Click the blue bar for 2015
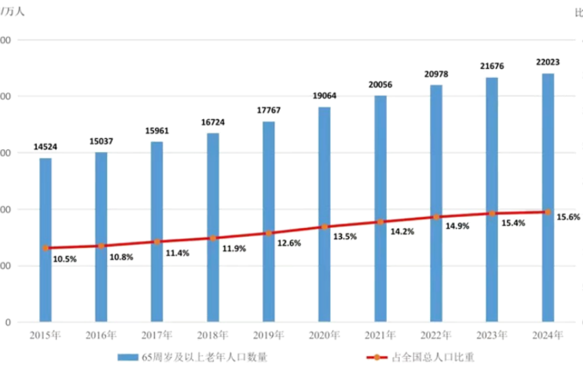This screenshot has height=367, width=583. pyautogui.click(x=45, y=239)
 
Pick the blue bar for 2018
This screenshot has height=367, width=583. pyautogui.click(x=213, y=227)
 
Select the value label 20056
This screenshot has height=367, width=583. pyautogui.click(x=380, y=85)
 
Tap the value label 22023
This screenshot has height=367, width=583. pyautogui.click(x=547, y=62)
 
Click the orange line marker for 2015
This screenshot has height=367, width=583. pyautogui.click(x=45, y=248)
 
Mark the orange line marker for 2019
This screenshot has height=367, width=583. pyautogui.click(x=269, y=233)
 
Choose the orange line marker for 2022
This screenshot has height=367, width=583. pyautogui.click(x=436, y=217)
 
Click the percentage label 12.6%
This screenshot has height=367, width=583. pyautogui.click(x=289, y=243)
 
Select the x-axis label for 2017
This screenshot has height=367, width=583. pyautogui.click(x=157, y=335)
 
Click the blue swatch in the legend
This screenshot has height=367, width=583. pyautogui.click(x=128, y=357)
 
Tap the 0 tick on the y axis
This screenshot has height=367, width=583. pyautogui.click(x=6, y=322)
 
